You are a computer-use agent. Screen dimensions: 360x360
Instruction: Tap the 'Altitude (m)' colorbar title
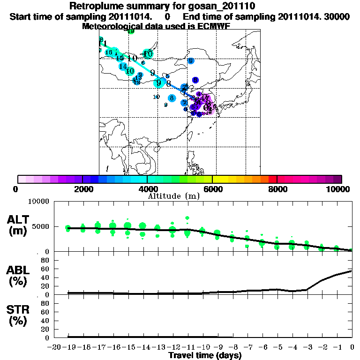point(167,196)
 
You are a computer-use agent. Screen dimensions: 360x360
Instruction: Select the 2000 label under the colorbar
point(82,189)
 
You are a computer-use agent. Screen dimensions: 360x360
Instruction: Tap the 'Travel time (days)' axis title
point(205,356)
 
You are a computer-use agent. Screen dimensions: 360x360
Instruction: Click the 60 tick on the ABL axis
point(46,269)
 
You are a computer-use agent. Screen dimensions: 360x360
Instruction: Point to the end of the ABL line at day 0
point(352,271)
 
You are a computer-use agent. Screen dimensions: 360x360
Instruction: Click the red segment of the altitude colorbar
point(272,179)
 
